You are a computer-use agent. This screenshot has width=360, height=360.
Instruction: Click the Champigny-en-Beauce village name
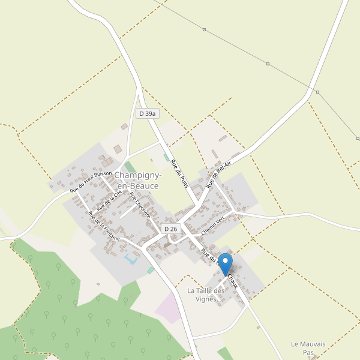coord(137,181)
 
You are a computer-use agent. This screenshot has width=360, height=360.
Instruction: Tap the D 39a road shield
coord(147,113)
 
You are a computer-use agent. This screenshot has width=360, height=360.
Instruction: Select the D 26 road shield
coord(170,229)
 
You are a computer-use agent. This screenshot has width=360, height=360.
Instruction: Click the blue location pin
coord(225,263)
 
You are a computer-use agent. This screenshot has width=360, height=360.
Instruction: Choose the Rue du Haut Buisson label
coord(91,181)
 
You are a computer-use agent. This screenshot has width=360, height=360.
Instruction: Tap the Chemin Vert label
coord(216,224)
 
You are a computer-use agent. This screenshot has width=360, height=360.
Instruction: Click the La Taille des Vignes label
coord(206,295)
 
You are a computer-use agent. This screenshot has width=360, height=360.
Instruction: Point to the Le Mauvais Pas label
coord(308,348)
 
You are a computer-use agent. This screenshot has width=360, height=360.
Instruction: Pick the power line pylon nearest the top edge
coord(204,29)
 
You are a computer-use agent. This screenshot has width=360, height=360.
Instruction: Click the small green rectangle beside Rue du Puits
coord(166,157)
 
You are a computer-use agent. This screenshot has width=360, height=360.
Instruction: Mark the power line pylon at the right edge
coord(358,139)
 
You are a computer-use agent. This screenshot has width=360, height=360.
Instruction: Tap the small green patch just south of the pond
coord(151,271)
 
